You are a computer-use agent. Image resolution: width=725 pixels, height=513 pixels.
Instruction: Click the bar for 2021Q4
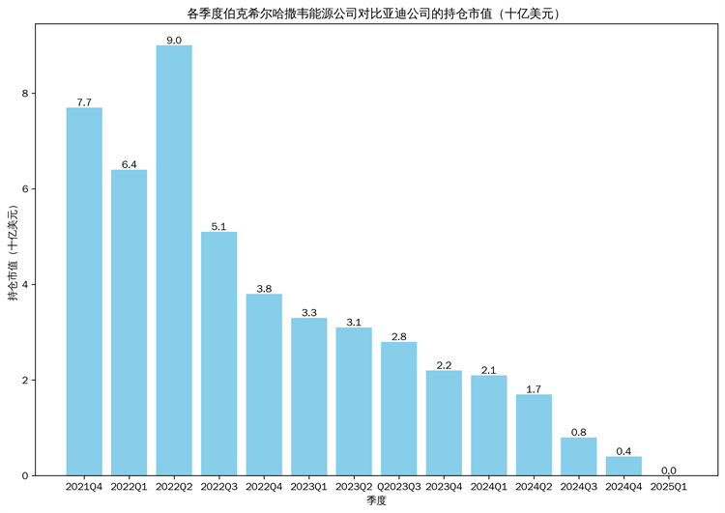click(84, 291)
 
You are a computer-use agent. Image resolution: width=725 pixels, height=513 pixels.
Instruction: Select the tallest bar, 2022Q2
click(174, 260)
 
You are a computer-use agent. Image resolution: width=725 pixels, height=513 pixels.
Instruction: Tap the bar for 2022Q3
click(218, 354)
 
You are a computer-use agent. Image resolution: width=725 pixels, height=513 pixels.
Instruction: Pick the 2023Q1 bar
click(308, 396)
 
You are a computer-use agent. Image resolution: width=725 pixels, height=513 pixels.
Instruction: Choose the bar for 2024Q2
click(534, 435)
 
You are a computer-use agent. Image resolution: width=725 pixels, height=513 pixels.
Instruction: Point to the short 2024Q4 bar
click(623, 466)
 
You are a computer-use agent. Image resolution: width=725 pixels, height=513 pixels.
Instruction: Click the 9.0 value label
click(174, 40)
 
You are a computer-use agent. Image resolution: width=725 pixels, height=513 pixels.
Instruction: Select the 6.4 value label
click(129, 164)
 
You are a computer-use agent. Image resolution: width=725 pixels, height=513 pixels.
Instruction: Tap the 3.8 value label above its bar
click(264, 288)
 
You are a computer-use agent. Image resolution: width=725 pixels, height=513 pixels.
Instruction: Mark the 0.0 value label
click(669, 470)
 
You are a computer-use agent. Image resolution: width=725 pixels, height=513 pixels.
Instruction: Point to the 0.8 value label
click(578, 432)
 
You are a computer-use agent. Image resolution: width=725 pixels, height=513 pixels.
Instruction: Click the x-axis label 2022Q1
click(129, 487)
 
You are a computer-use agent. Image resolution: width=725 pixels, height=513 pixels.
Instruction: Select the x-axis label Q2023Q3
click(398, 487)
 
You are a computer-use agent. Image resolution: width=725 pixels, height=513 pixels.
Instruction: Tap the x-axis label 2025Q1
click(669, 487)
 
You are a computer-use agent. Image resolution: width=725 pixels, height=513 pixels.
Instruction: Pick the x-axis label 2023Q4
click(444, 487)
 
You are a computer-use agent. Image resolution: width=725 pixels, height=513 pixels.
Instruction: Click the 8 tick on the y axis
click(28, 94)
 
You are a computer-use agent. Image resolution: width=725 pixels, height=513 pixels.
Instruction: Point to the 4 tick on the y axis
click(28, 285)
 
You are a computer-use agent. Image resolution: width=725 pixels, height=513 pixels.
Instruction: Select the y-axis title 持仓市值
click(13, 255)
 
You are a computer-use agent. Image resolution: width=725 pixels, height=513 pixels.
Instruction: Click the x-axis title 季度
click(376, 501)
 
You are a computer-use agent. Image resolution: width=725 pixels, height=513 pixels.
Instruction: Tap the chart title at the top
click(376, 14)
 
